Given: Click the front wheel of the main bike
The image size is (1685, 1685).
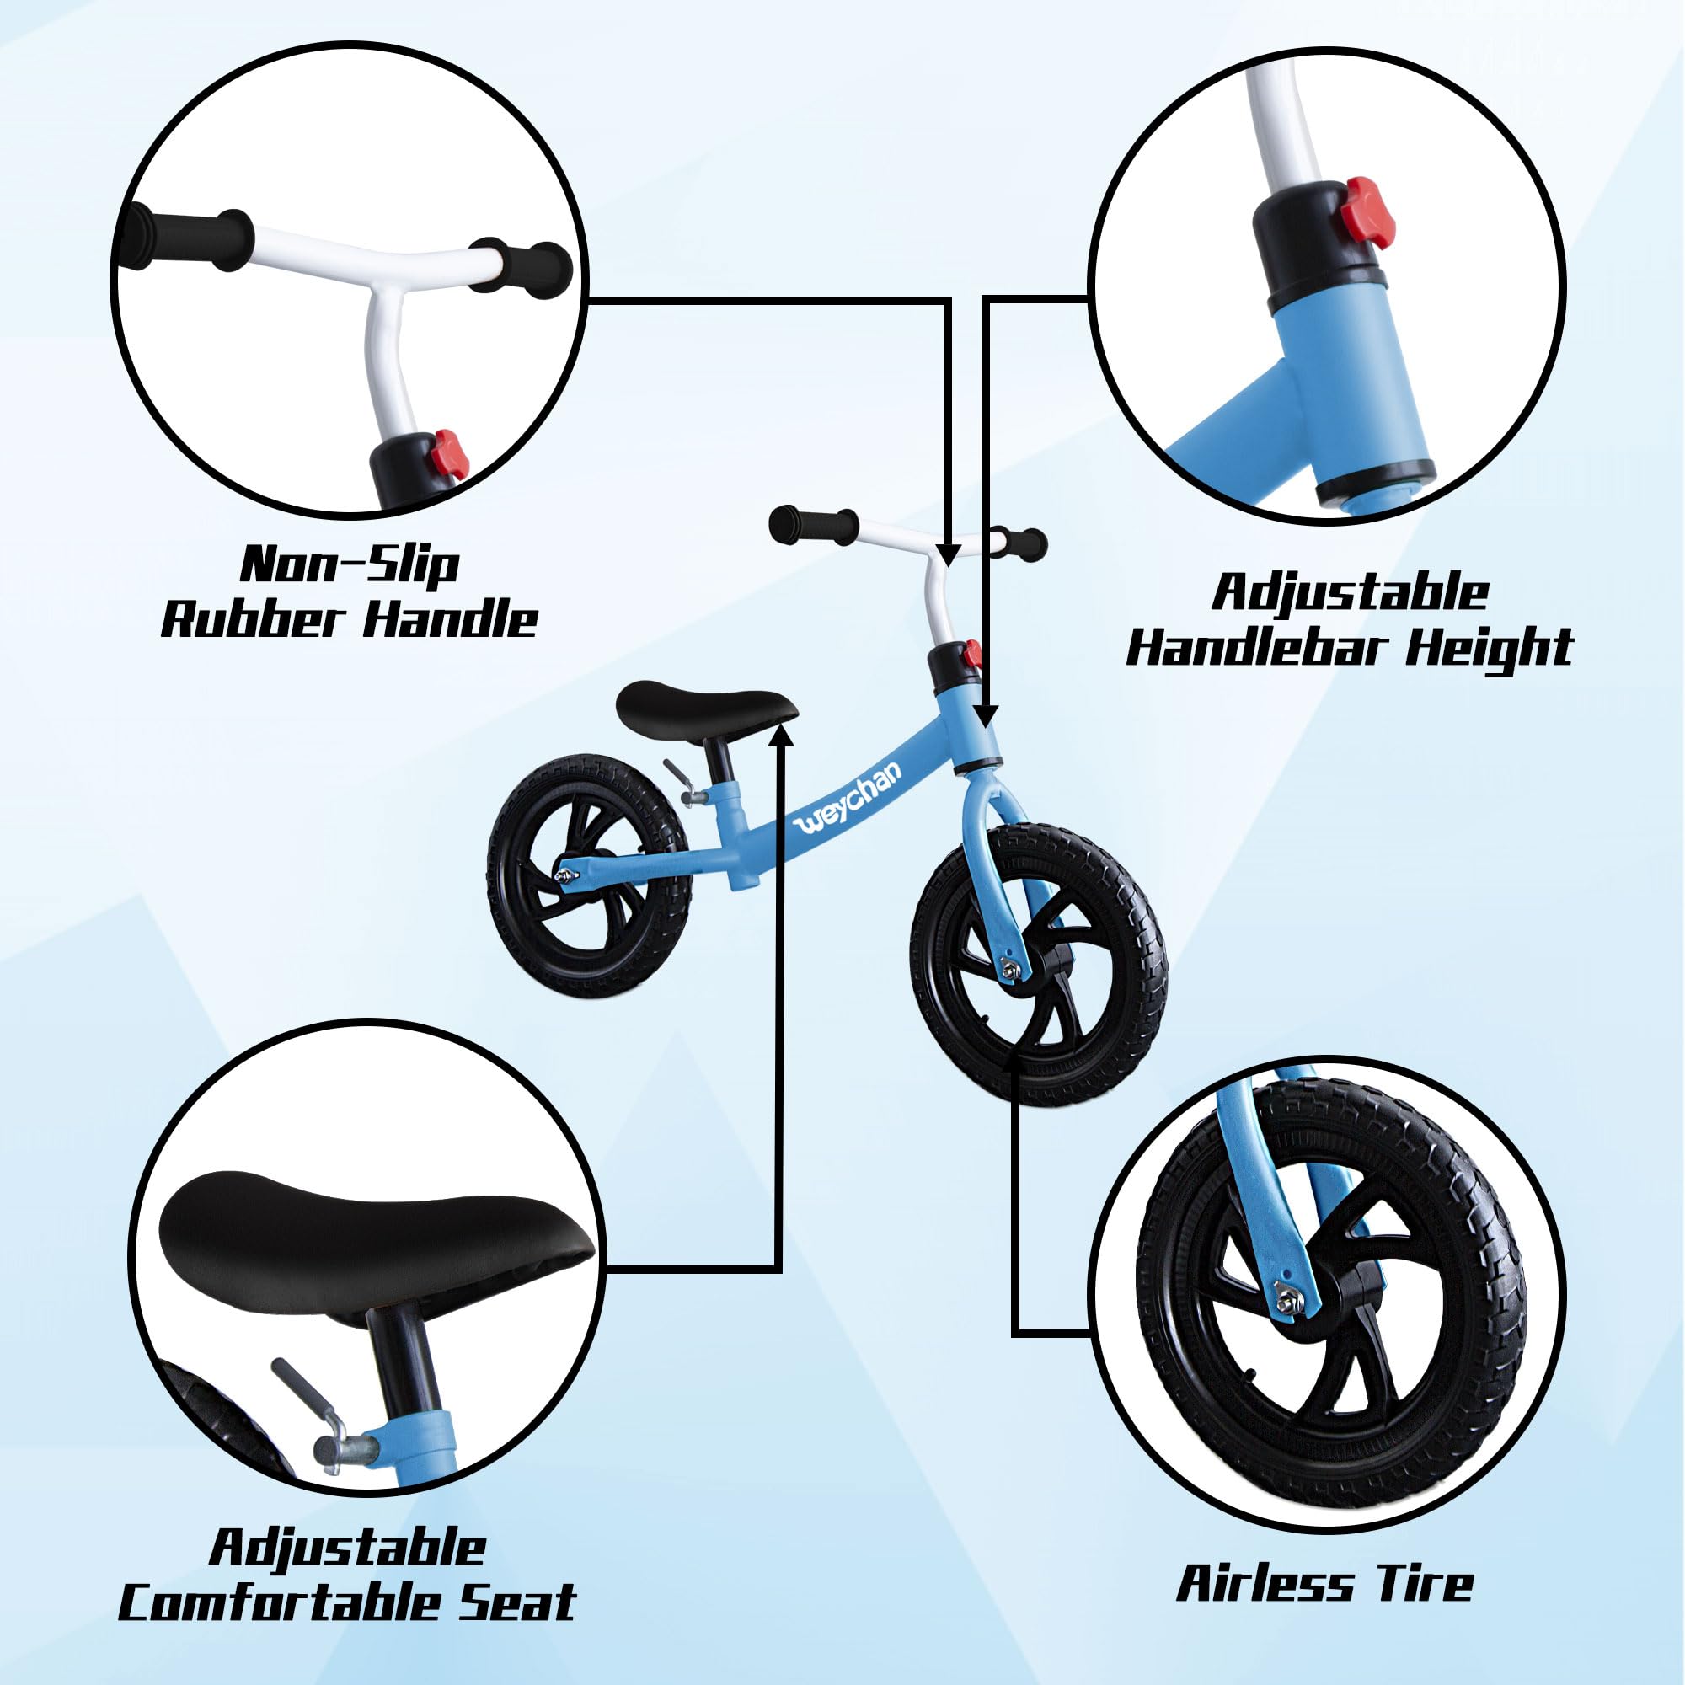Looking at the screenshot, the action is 1039,964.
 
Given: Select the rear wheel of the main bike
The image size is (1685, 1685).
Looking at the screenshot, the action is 591,859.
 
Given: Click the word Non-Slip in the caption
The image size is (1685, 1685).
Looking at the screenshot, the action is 350,564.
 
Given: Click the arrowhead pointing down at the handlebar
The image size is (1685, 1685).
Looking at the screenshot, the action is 948,553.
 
